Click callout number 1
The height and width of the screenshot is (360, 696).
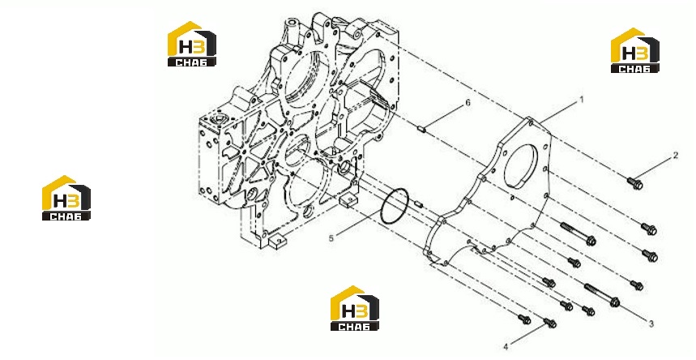click(x=582, y=101)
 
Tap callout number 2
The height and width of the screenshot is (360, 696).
click(x=676, y=155)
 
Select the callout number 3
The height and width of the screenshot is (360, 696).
click(x=651, y=324)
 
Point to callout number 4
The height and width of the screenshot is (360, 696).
click(x=506, y=346)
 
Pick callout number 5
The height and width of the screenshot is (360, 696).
click(x=331, y=238)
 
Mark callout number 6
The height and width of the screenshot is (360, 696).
click(x=468, y=103)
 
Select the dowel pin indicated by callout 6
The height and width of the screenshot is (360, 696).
click(x=422, y=130)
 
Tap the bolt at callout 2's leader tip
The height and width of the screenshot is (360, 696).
click(x=634, y=183)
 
